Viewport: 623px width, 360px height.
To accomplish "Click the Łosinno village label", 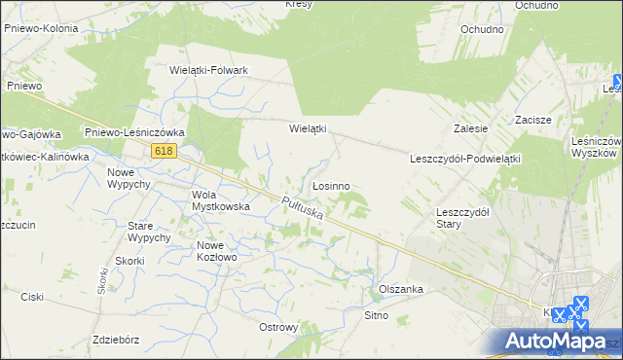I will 330,185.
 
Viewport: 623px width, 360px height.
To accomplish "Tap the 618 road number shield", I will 165,151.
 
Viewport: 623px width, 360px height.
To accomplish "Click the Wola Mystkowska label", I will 221,200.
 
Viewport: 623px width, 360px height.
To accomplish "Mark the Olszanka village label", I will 399,290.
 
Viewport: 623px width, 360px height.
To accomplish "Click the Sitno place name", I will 376,315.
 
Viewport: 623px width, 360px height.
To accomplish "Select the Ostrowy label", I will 278,327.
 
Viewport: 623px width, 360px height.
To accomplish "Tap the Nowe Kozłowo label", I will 217,251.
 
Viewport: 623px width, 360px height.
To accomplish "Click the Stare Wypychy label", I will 149,232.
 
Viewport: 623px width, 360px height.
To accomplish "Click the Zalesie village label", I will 470,127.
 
